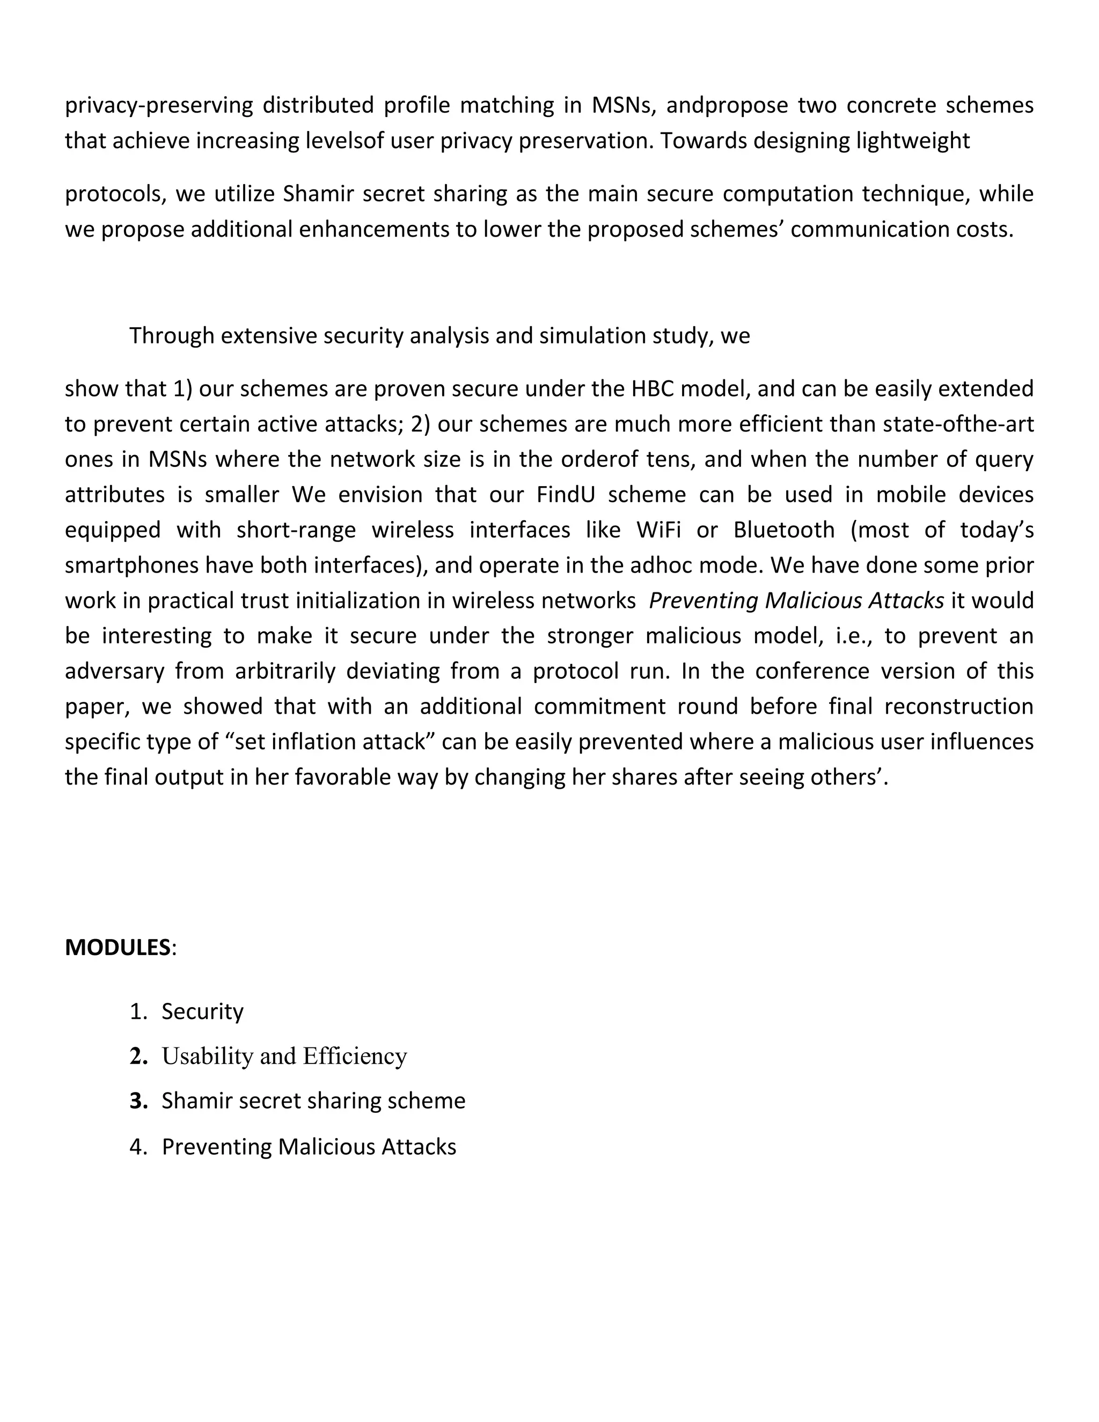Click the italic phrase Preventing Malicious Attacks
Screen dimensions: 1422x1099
point(796,600)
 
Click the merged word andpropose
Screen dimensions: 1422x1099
point(727,106)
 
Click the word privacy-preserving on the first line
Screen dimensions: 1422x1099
point(159,106)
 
